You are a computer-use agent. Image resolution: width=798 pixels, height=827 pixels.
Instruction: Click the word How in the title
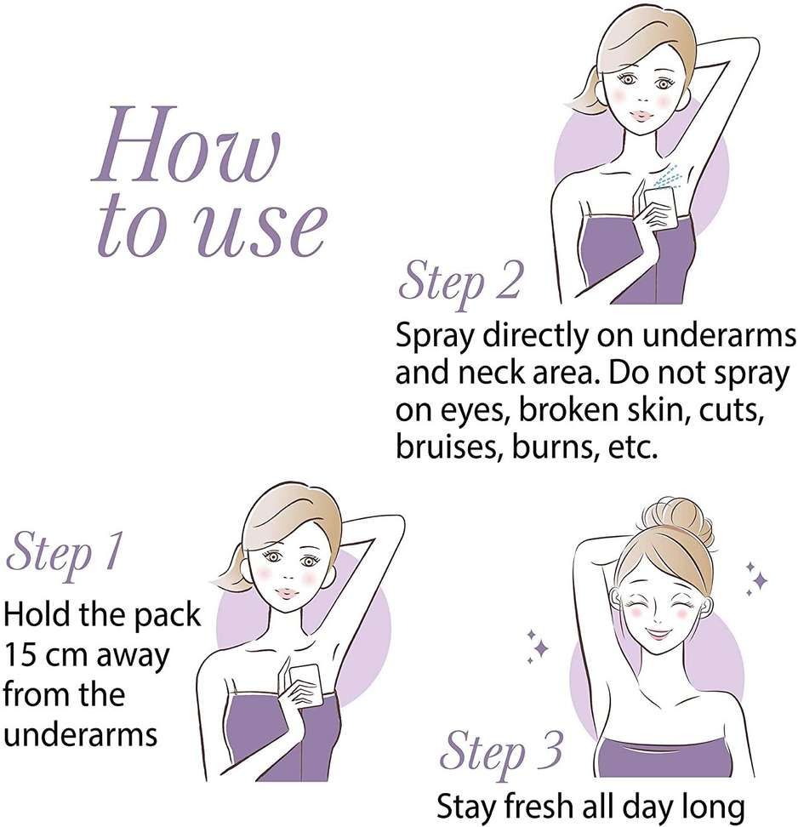point(185,144)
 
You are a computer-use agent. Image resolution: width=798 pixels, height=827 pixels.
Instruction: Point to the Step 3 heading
point(501,751)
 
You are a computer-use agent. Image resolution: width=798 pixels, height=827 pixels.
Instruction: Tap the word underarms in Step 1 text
point(81,733)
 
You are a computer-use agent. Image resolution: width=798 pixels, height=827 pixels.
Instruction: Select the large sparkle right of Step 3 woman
point(760,581)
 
